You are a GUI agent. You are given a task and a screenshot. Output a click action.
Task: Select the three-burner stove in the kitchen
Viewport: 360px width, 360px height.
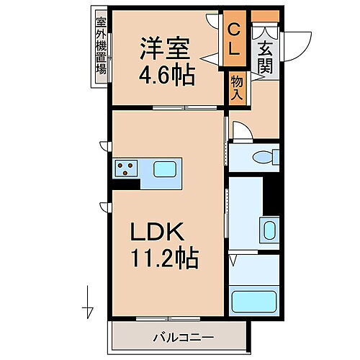(124, 171)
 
